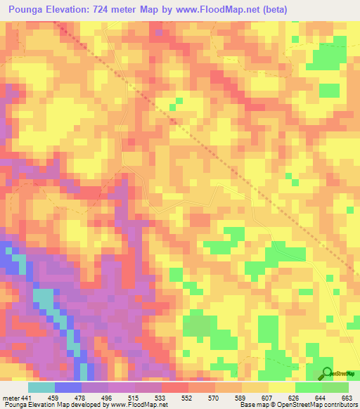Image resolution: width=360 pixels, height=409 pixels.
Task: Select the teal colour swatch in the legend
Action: pos(41,387)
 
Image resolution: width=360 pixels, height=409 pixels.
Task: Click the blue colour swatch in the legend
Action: pos(68,387)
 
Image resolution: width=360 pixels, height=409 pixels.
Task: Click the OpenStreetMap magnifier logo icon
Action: pos(327,372)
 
